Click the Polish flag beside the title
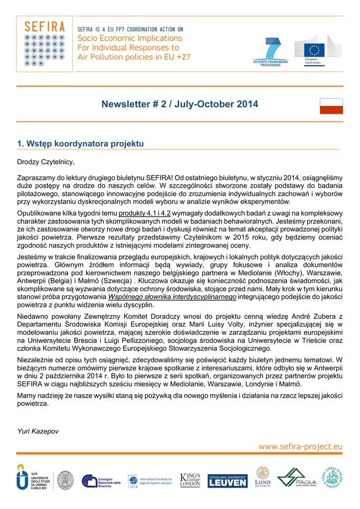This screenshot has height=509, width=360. (x=331, y=106)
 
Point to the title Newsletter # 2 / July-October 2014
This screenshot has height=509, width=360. (x=180, y=104)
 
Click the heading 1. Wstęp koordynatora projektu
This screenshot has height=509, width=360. (x=81, y=144)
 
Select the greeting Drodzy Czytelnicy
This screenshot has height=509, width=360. (x=45, y=162)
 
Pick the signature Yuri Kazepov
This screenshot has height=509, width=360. (x=38, y=431)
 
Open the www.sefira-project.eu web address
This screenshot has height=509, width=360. (x=300, y=446)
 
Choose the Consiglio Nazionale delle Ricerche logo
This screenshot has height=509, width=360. (x=101, y=481)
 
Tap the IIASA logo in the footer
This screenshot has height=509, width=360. (x=150, y=481)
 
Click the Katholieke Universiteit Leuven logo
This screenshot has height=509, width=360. (x=227, y=481)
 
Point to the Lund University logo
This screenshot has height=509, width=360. (x=263, y=477)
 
